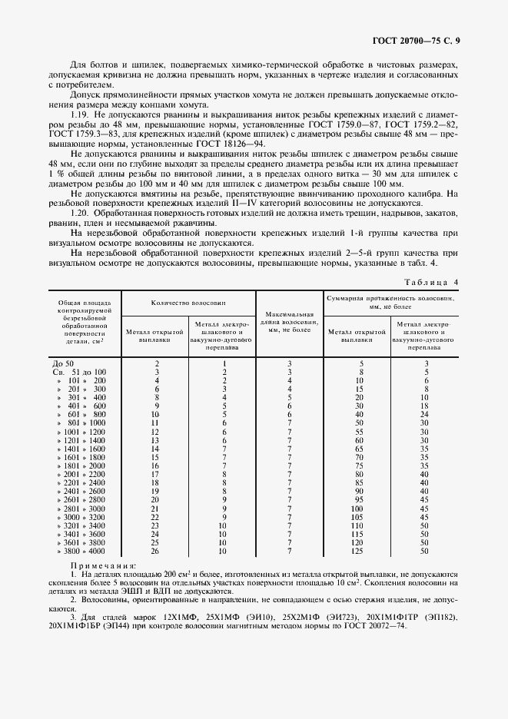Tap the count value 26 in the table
tap(156, 552)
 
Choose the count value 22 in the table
tap(156, 517)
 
